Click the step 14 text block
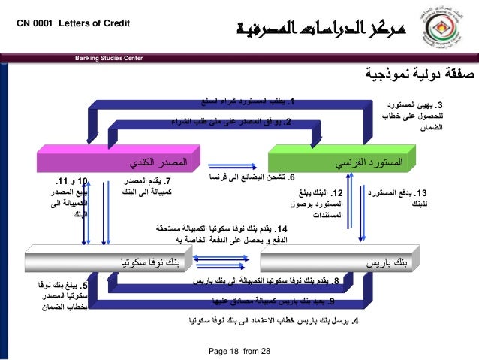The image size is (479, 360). (x=227, y=234)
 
